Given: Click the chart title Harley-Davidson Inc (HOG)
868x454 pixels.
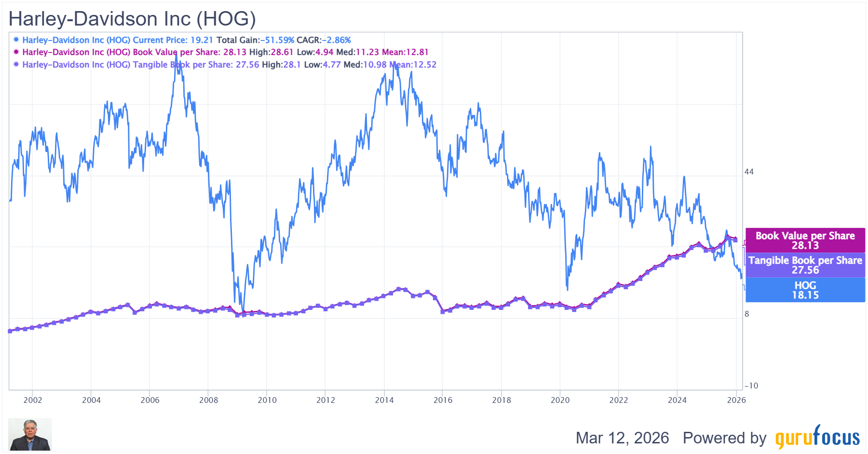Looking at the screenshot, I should pyautogui.click(x=132, y=19).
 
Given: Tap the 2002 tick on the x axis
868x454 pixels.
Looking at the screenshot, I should pyautogui.click(x=33, y=400).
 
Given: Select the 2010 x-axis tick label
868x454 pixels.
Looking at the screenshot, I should pyautogui.click(x=267, y=400).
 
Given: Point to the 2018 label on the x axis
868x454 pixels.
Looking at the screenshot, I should pyautogui.click(x=502, y=400).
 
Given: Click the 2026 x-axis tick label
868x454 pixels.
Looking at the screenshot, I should pyautogui.click(x=736, y=400).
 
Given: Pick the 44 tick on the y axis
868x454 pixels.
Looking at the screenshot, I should pyautogui.click(x=749, y=172).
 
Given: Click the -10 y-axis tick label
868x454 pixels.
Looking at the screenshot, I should pyautogui.click(x=751, y=386).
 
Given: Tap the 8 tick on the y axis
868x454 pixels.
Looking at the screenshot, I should pyautogui.click(x=747, y=314).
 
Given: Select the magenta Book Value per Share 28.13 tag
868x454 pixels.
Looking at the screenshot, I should pyautogui.click(x=805, y=240).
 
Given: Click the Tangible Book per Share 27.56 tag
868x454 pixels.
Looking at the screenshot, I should pyautogui.click(x=805, y=265).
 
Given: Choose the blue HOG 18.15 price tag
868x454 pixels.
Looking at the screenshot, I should pyautogui.click(x=805, y=290).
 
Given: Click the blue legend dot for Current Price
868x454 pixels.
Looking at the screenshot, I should pyautogui.click(x=16, y=40).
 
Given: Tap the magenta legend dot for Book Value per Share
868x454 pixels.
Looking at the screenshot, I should pyautogui.click(x=16, y=52).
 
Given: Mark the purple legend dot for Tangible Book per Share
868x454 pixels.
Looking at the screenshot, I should pyautogui.click(x=16, y=65).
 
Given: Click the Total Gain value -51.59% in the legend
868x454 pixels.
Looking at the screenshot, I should pyautogui.click(x=277, y=40).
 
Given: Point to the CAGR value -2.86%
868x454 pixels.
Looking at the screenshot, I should pyautogui.click(x=336, y=40).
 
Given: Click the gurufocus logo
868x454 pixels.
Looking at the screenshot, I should pyautogui.click(x=817, y=437).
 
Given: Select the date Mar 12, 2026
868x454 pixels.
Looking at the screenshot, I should pyautogui.click(x=622, y=438).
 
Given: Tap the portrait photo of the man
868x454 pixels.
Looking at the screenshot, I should pyautogui.click(x=30, y=435).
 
